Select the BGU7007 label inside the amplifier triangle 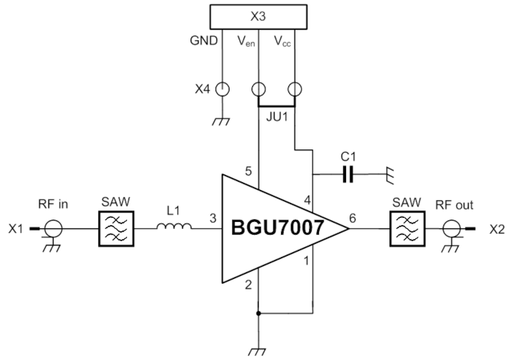276,228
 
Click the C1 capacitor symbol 349,172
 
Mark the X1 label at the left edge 13,230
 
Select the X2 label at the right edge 499,229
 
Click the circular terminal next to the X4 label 222,88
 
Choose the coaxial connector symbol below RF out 452,230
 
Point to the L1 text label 172,211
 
